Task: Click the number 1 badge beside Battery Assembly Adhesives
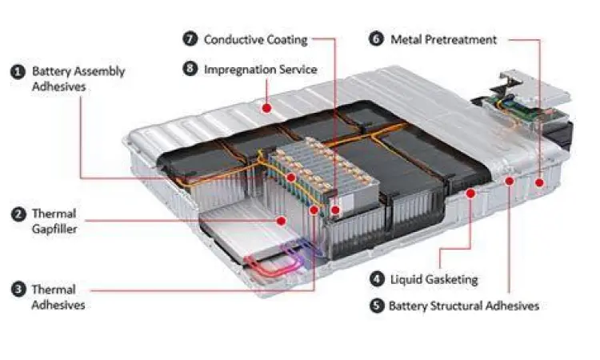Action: [x=18, y=71]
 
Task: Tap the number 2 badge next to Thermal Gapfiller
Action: [x=18, y=214]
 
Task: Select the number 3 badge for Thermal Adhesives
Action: [x=18, y=289]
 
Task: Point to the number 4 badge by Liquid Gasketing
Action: [x=376, y=278]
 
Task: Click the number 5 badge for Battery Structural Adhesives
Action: [x=376, y=305]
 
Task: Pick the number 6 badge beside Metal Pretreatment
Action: [x=376, y=38]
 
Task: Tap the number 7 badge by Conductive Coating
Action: [x=190, y=38]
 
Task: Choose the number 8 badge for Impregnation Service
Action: [x=190, y=69]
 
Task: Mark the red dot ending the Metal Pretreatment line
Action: [x=539, y=182]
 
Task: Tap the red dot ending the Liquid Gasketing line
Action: [x=470, y=193]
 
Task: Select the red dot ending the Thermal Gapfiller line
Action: [x=281, y=220]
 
